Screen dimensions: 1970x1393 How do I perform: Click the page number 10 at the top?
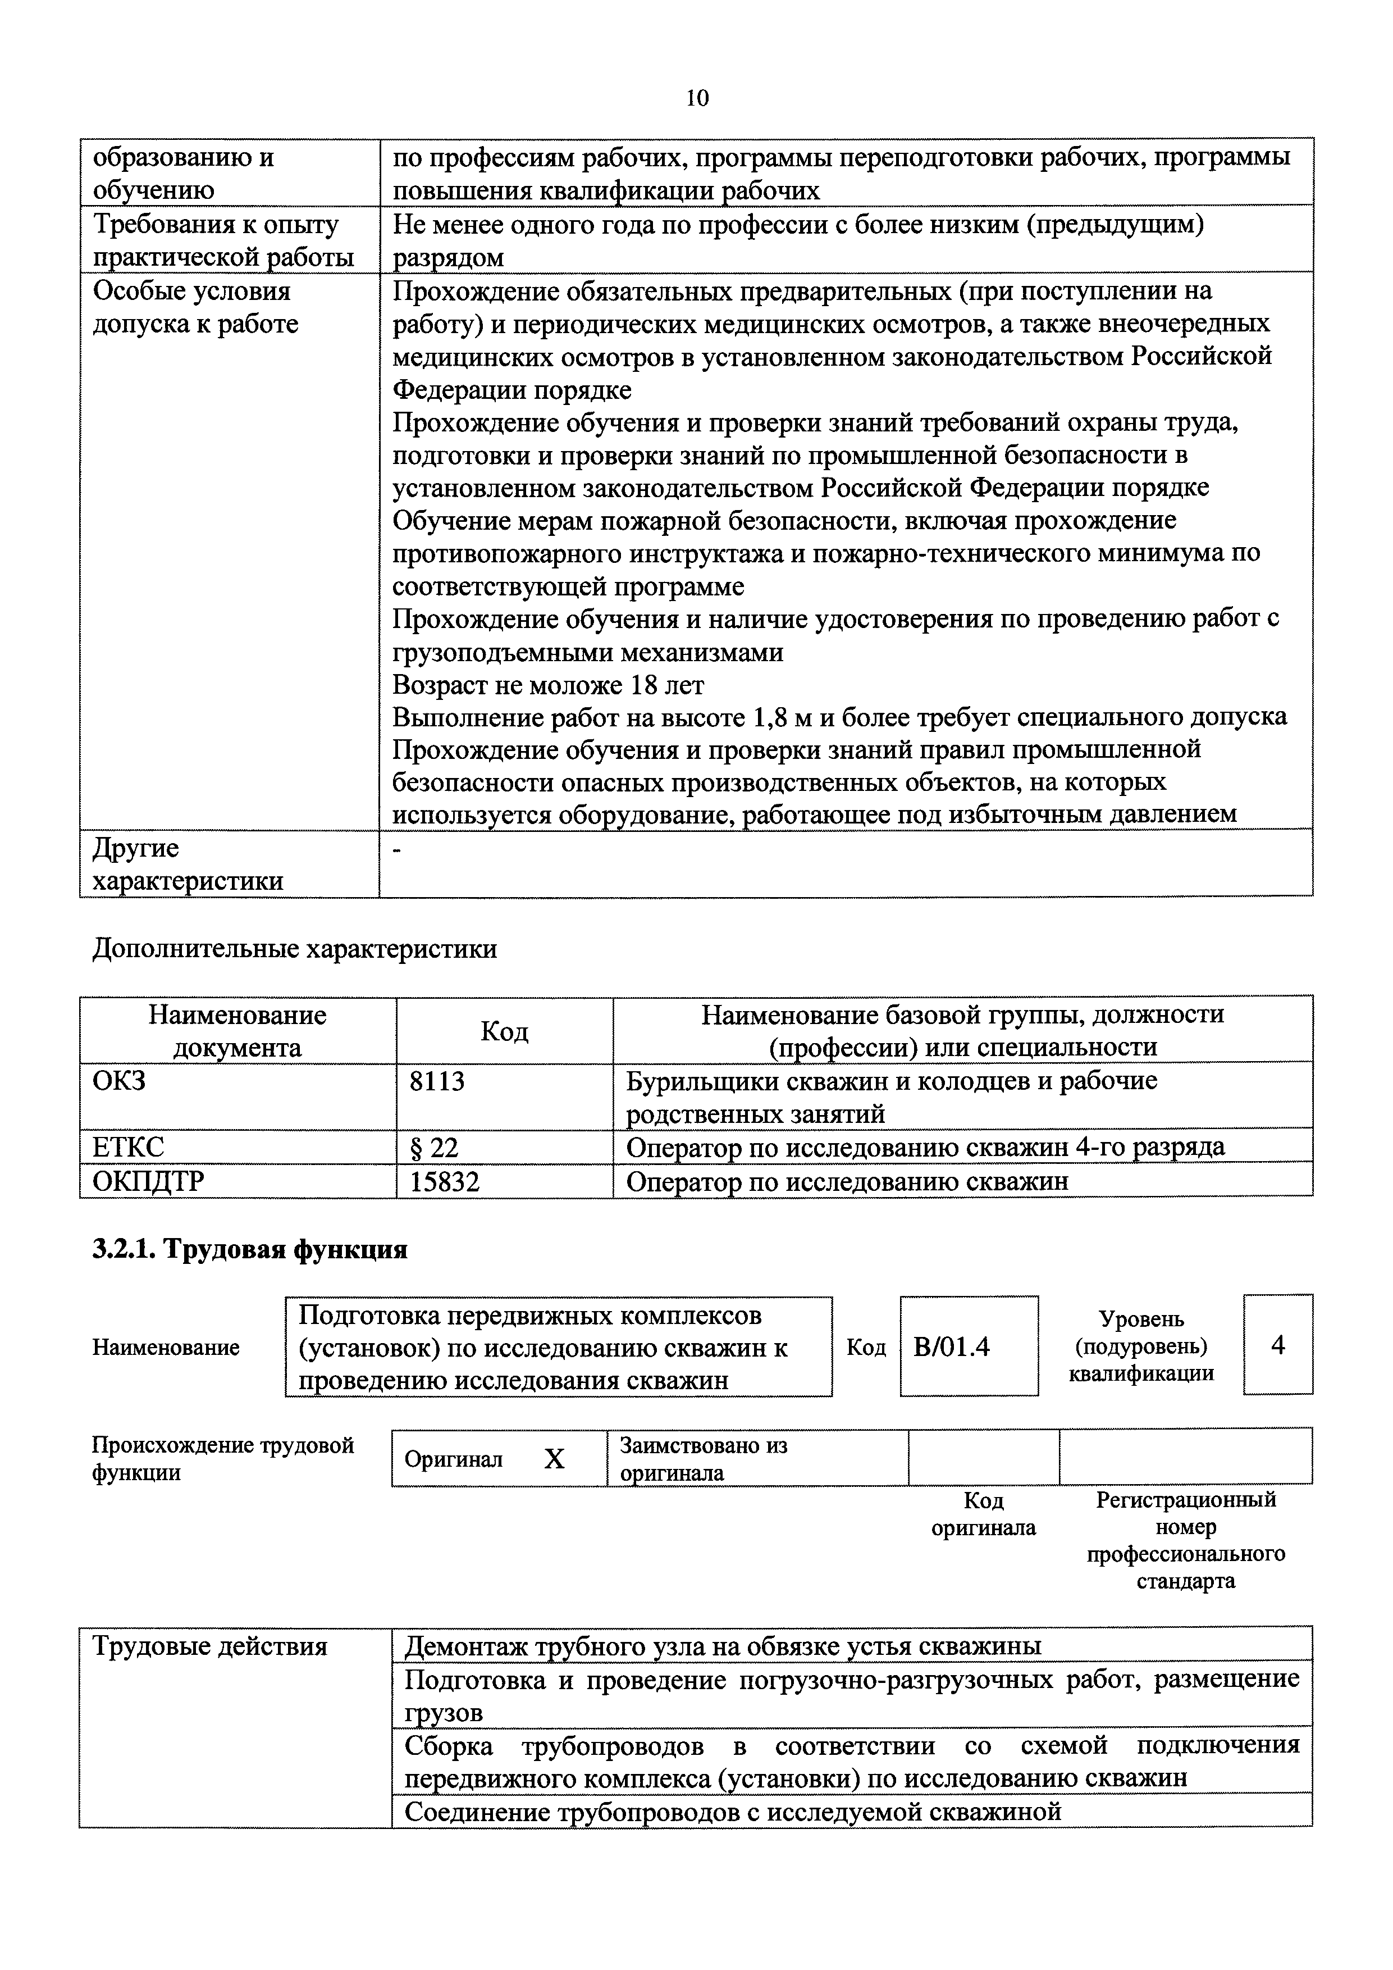pos(697,99)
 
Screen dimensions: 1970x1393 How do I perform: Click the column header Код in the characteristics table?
pos(504,1030)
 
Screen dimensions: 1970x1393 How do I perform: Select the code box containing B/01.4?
pos(969,1346)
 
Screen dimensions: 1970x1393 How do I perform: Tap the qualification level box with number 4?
pos(1277,1344)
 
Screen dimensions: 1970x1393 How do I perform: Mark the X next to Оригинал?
pos(554,1459)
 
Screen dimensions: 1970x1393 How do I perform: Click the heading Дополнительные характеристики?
pos(294,948)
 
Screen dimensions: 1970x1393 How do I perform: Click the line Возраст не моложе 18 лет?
pos(548,685)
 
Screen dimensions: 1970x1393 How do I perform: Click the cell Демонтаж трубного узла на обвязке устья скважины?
pos(722,1646)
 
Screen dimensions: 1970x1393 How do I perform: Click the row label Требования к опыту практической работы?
pos(223,240)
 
